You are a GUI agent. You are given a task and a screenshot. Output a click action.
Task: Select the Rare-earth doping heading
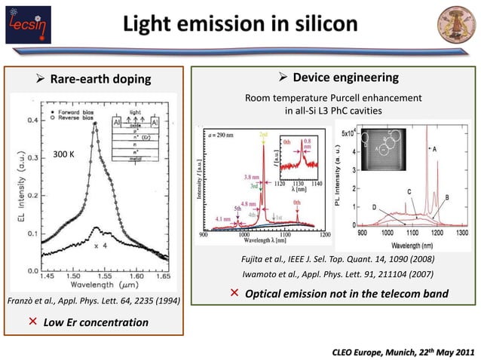[100, 78]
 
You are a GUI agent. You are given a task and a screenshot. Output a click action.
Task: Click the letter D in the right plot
[375, 206]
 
